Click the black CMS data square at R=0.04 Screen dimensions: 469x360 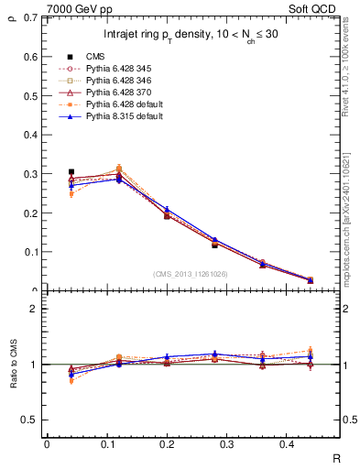pyautogui.click(x=71, y=171)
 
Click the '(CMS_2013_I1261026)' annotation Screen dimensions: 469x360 pyautogui.click(x=191, y=273)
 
